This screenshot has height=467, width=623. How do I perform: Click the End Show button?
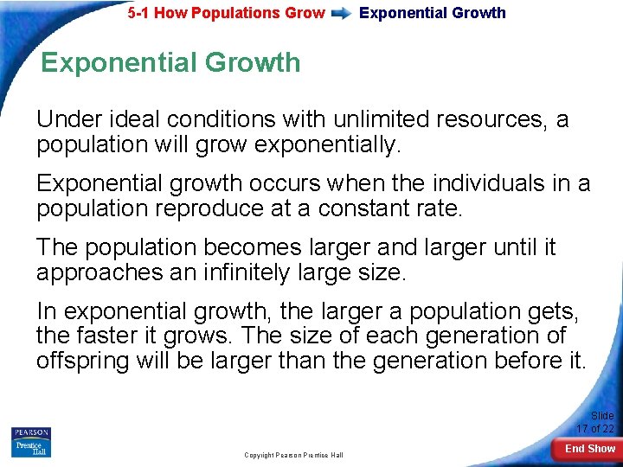[589, 449]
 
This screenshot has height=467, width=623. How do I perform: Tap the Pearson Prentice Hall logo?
[31, 442]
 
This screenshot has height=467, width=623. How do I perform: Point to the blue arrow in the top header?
[341, 13]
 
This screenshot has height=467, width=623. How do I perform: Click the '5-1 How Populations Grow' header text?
[226, 13]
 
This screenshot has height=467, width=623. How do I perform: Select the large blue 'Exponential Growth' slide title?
[170, 62]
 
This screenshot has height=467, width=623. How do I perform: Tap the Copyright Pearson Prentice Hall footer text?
[293, 455]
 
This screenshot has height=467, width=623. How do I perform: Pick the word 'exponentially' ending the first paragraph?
[328, 144]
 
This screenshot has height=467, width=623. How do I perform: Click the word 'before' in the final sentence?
[516, 361]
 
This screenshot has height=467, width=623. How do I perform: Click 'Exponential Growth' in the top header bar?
[433, 13]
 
